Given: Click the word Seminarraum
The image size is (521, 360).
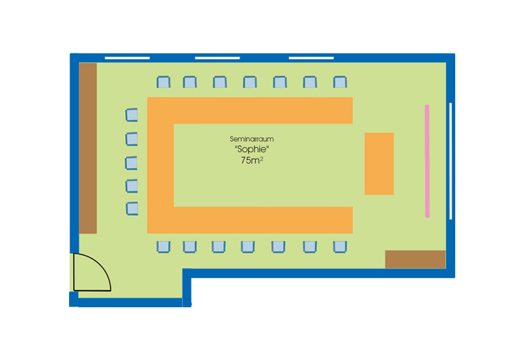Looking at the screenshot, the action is (252, 139).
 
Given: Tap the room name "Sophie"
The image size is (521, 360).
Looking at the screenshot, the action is (252, 149).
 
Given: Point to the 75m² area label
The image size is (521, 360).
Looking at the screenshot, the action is (252, 160).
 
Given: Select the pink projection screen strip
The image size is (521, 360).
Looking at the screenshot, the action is (427, 161).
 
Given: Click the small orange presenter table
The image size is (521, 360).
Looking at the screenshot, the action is (379, 164).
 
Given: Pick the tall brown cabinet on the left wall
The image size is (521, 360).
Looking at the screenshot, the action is (88, 148).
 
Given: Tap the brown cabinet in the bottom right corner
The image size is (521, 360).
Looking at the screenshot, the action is (415, 259).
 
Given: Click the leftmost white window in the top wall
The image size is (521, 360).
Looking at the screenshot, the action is (127, 58).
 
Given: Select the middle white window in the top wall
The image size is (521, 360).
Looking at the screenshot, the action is (218, 58).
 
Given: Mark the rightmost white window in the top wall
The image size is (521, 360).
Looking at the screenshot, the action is (311, 58).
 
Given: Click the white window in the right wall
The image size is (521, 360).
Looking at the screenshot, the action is (451, 161).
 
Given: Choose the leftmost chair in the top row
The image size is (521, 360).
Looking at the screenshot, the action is (163, 82).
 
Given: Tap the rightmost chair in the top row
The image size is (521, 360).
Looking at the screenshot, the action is (340, 82).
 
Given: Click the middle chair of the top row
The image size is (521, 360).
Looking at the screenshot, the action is (250, 82).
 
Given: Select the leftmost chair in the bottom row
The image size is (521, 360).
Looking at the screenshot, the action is (163, 247).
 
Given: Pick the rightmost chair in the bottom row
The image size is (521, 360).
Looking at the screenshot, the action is (340, 247).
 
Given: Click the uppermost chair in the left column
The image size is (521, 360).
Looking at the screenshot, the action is (132, 115).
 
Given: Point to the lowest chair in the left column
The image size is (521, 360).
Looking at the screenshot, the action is (132, 208).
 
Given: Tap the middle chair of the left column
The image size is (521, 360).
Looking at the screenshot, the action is (132, 163).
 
